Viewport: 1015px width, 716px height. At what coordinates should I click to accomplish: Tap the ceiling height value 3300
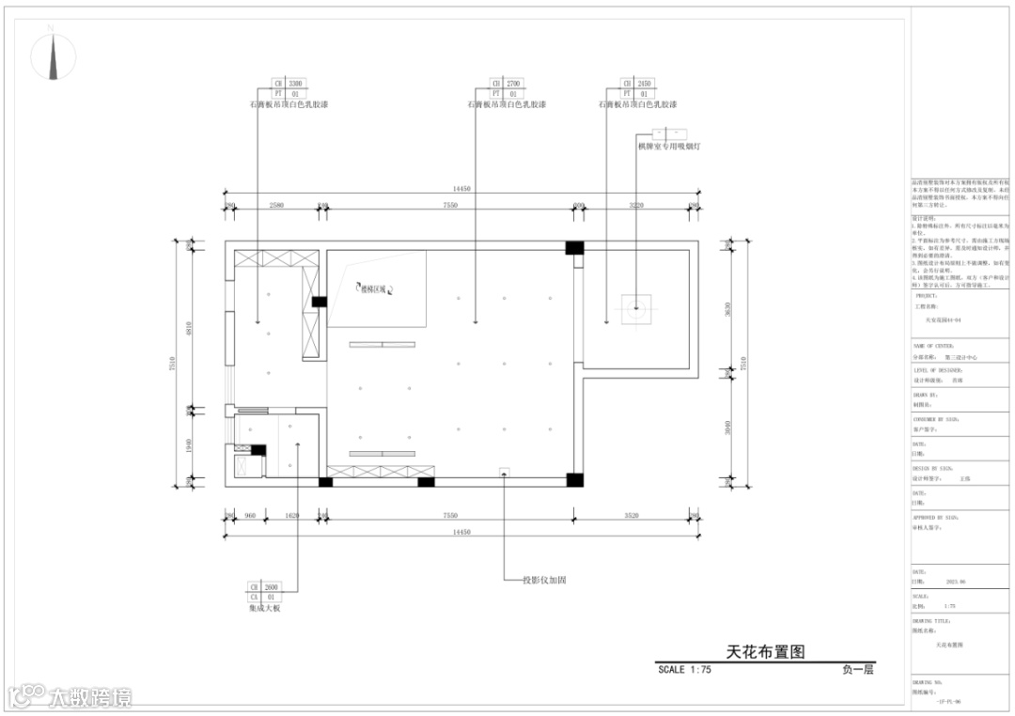point(295,84)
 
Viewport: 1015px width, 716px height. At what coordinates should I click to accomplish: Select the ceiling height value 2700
point(513,84)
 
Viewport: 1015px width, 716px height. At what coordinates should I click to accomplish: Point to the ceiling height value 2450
point(645,84)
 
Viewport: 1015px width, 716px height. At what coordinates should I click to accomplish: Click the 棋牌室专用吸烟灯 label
point(669,147)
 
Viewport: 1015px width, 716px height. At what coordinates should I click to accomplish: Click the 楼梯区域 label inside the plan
point(373,289)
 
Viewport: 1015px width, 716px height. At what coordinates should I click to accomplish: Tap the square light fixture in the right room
point(636,306)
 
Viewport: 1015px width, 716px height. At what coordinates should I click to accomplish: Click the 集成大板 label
point(265,609)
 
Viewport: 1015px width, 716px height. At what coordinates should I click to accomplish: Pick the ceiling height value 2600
point(270,586)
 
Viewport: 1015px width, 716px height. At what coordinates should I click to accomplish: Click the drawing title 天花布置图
point(766,650)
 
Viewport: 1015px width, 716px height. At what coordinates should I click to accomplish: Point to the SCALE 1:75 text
point(684,670)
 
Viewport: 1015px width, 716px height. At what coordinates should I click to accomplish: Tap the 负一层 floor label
point(858,670)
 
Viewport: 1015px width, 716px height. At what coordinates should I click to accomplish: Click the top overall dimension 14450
point(461,189)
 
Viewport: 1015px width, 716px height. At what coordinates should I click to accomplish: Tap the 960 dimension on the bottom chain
point(250,516)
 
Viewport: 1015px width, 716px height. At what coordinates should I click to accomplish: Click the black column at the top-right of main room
point(573,248)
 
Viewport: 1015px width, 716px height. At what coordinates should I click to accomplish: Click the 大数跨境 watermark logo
point(70,696)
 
